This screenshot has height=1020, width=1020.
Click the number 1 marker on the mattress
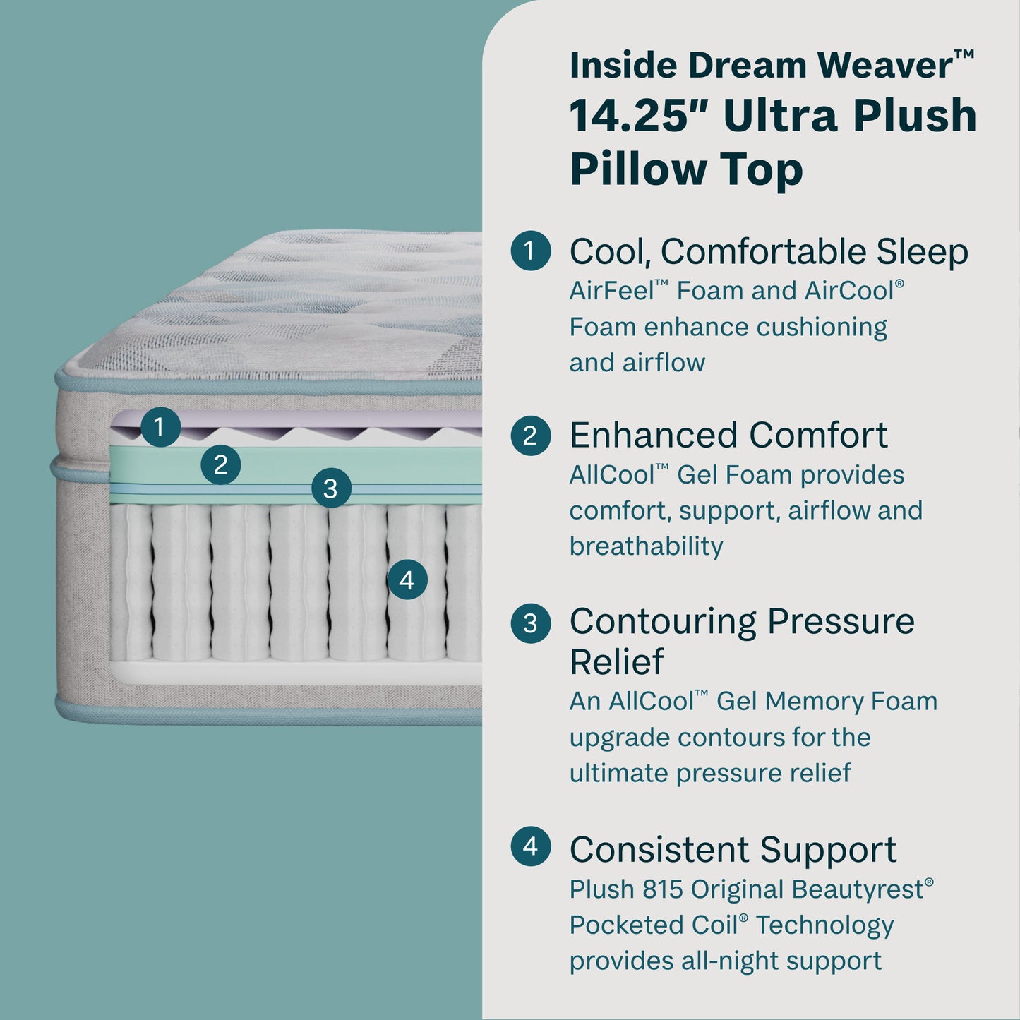(x=160, y=427)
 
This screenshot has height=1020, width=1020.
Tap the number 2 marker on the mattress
(x=221, y=464)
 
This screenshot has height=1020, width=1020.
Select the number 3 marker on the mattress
(x=330, y=488)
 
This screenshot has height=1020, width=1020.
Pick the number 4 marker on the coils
(x=407, y=580)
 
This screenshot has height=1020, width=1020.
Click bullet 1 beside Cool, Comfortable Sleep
(x=530, y=251)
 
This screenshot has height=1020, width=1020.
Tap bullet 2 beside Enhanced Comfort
(x=530, y=436)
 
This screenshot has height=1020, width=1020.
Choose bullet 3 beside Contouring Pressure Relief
(x=530, y=623)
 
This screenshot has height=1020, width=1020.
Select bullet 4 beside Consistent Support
(x=530, y=846)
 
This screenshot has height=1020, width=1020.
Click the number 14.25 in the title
(x=629, y=116)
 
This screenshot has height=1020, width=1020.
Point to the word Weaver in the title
(x=886, y=65)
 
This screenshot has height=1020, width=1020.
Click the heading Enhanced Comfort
(x=728, y=435)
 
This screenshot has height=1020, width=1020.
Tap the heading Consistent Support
(x=733, y=849)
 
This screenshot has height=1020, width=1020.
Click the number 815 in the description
(x=662, y=889)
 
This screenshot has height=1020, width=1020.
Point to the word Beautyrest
(x=857, y=889)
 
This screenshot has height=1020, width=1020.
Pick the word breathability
(x=646, y=546)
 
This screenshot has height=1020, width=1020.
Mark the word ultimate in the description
(x=618, y=773)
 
